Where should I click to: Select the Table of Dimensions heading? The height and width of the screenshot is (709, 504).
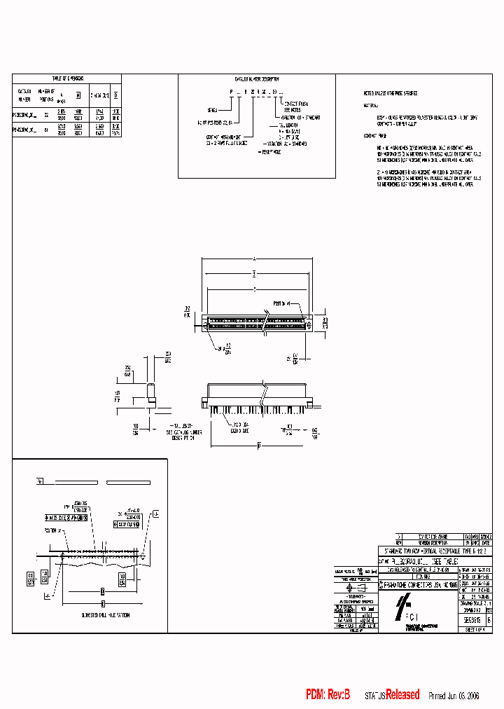click(x=67, y=78)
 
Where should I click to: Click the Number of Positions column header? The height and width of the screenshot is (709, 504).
click(x=46, y=95)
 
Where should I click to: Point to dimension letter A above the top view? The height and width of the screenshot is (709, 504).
click(x=254, y=257)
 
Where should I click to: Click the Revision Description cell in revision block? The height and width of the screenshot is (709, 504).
click(x=430, y=542)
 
